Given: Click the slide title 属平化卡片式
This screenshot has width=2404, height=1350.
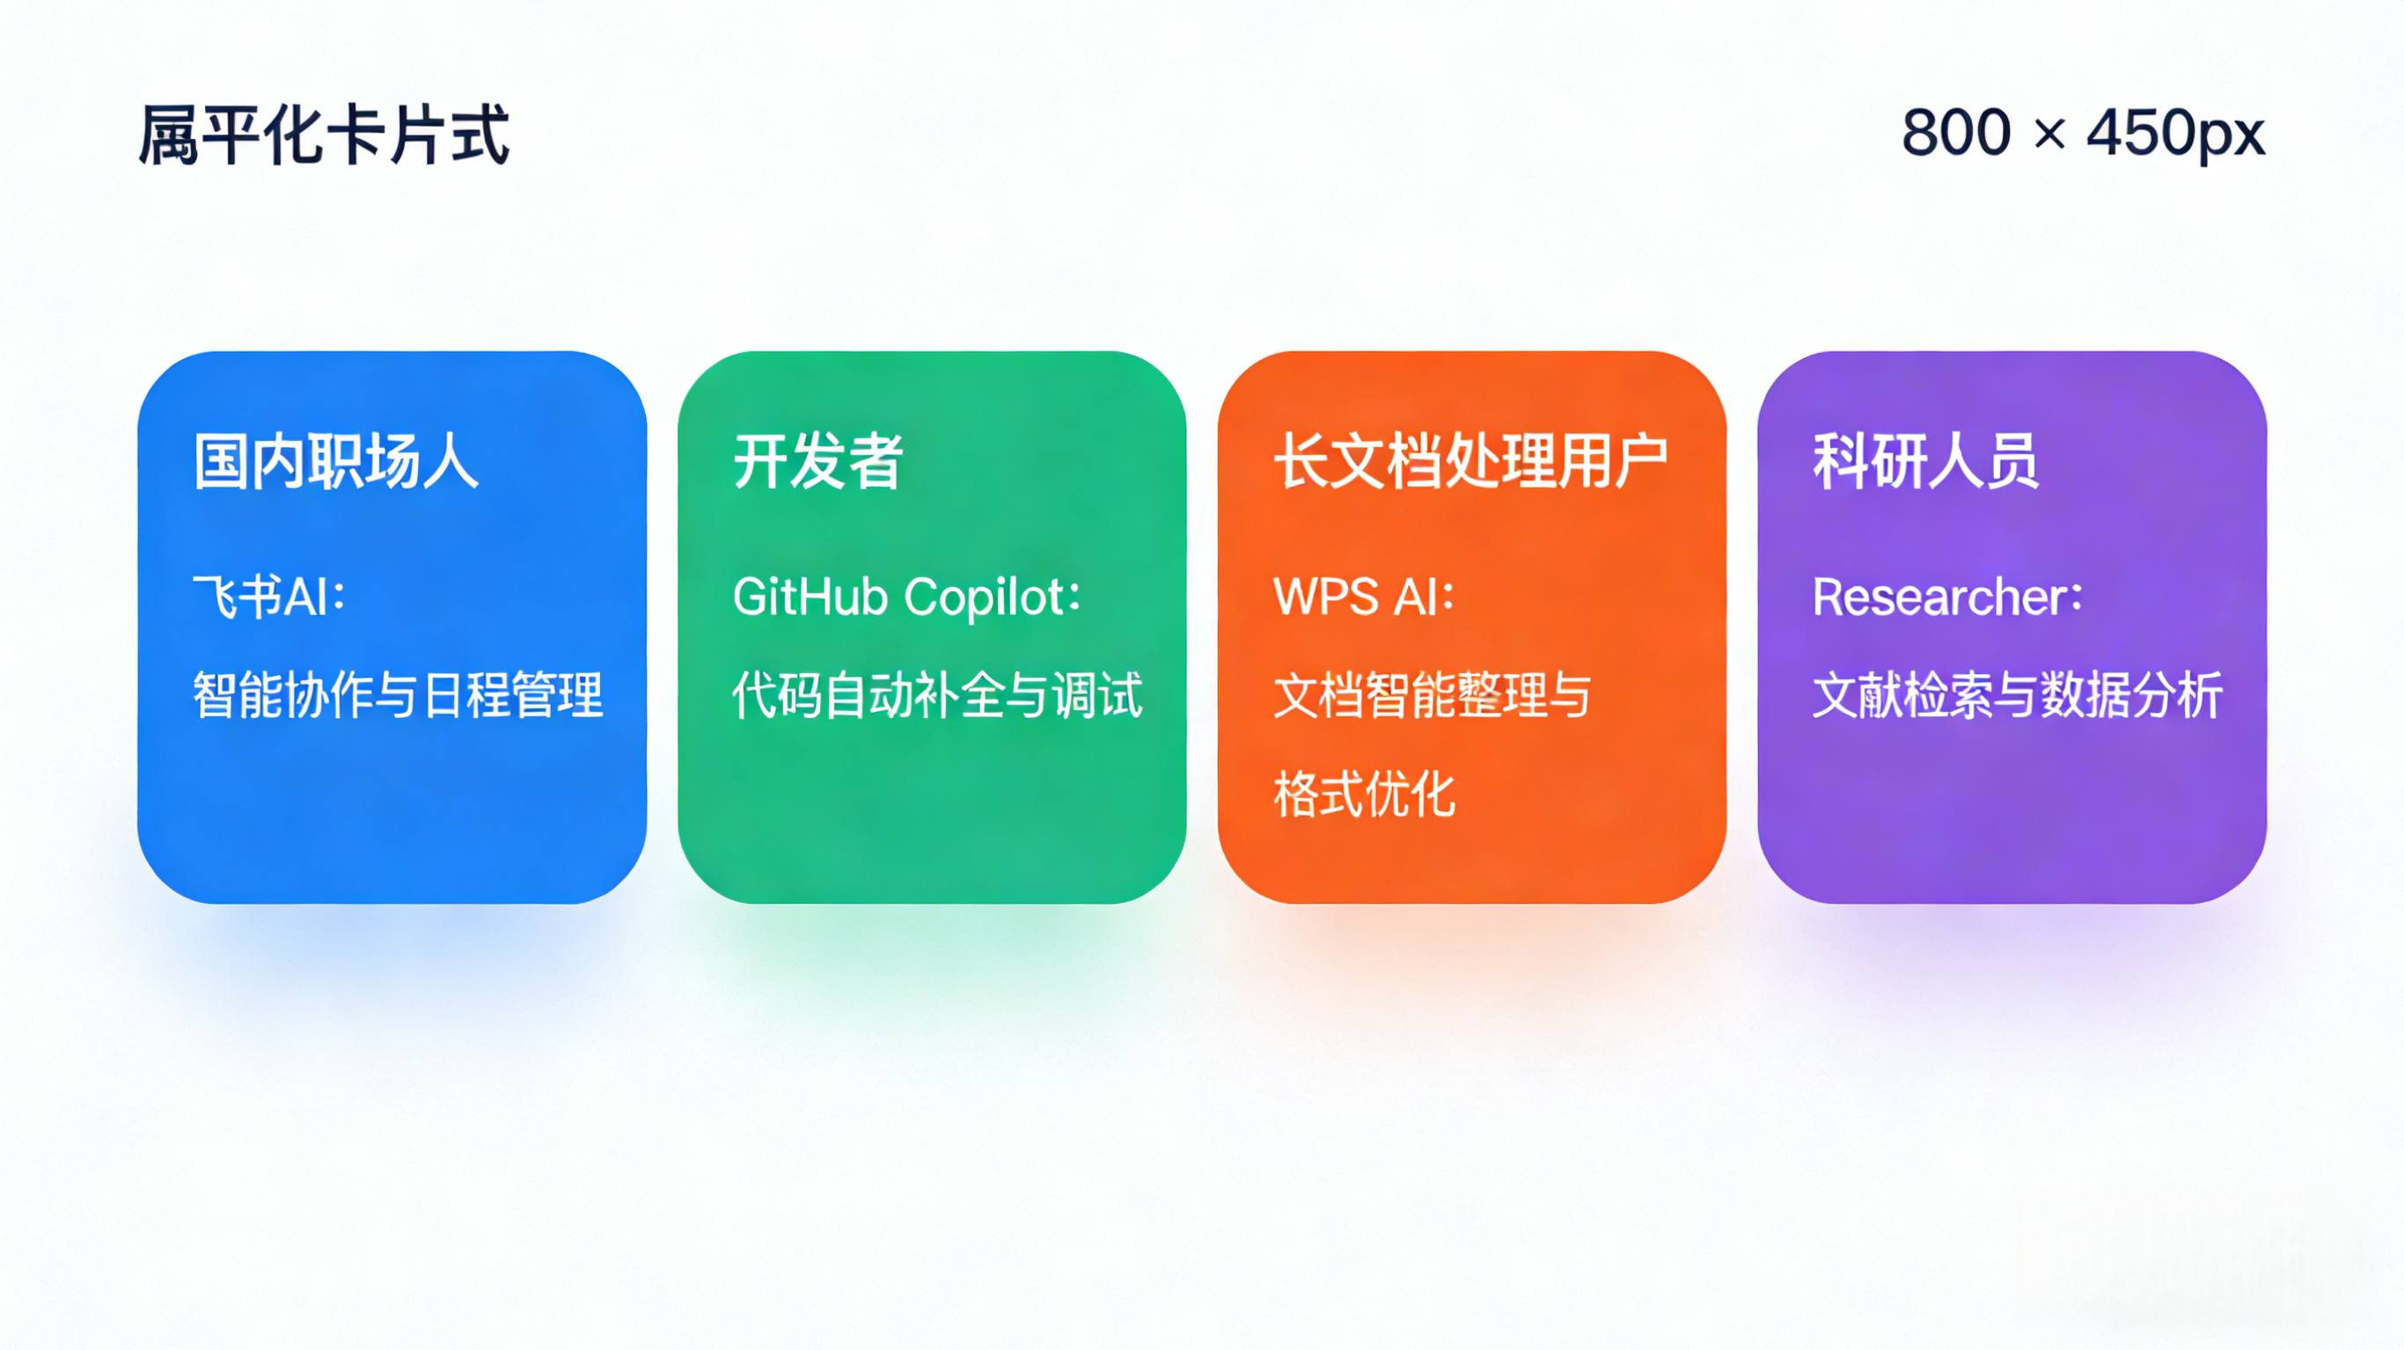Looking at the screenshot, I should [324, 136].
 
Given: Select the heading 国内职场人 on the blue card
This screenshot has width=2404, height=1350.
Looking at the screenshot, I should [336, 461].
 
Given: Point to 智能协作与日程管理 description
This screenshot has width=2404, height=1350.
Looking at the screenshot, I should [398, 695].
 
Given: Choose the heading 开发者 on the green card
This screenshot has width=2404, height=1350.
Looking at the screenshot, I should [817, 461].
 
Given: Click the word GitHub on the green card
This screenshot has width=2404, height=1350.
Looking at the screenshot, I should [810, 597].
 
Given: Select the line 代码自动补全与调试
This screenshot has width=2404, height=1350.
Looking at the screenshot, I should [937, 695].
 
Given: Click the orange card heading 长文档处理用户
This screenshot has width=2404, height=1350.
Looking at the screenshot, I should [1470, 461].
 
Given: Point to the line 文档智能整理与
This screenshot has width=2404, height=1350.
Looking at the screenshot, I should [1432, 695].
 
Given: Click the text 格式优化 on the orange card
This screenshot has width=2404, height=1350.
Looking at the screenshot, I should [1365, 795].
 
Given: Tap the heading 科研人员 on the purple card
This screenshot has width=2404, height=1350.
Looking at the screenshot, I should [1925, 461].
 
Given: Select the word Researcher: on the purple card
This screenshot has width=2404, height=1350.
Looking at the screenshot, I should [1947, 597].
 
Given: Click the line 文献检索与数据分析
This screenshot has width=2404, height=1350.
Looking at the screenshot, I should [2018, 695].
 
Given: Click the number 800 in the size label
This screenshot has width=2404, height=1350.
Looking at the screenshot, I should [1956, 133].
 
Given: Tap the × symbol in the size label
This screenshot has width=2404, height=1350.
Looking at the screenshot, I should [2049, 135].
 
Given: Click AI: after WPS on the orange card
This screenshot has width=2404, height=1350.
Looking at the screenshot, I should [1424, 597].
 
